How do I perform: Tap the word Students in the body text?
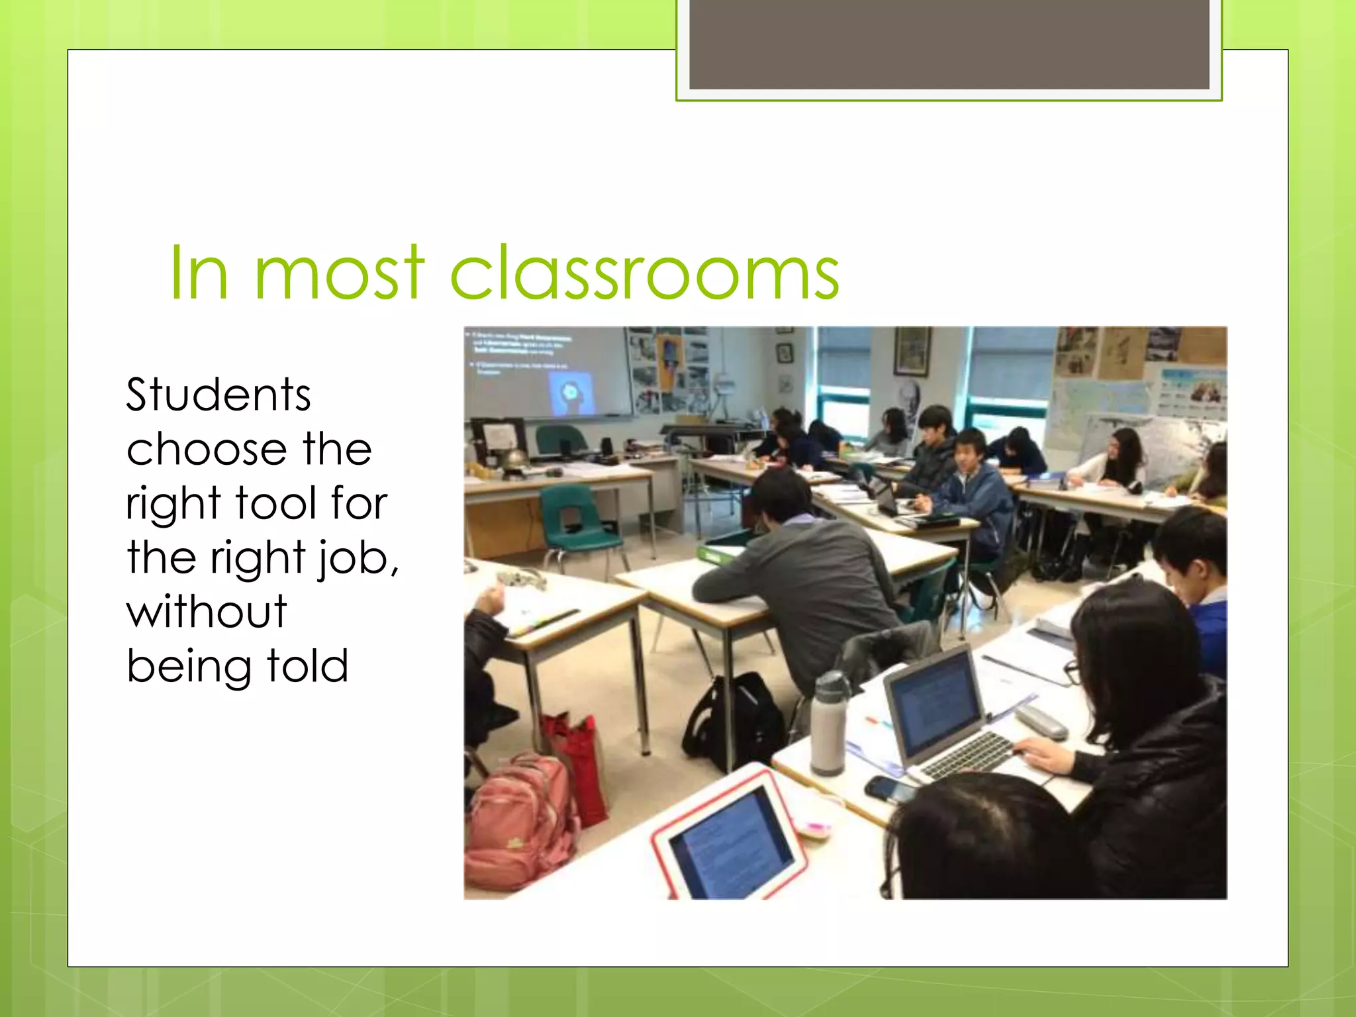[218, 395]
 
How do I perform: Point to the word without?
[207, 611]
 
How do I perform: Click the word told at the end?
[307, 666]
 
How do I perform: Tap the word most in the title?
[338, 273]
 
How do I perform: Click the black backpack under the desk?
[735, 722]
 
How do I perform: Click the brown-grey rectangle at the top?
[949, 44]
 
